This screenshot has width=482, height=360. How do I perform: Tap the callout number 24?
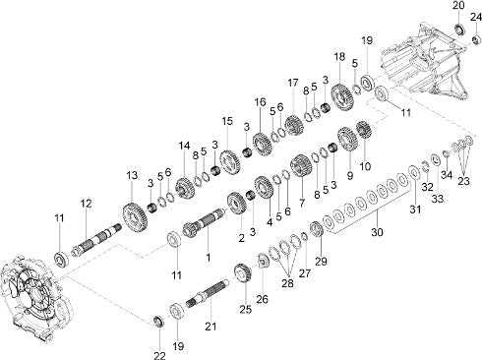tap(476, 17)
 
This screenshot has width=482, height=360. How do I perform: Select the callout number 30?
tap(377, 232)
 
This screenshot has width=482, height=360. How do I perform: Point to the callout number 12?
tap(87, 204)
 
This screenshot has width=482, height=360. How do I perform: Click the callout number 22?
tap(159, 355)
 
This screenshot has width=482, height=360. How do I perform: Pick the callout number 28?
tap(287, 283)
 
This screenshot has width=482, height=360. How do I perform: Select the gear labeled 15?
tap(230, 162)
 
